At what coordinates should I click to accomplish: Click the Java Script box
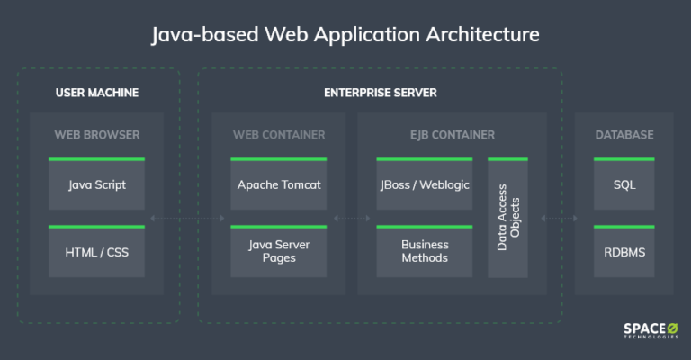[96, 184]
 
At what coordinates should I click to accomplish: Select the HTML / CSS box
[96, 252]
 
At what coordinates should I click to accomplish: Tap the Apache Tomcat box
[279, 184]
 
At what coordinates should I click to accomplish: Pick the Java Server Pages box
[279, 251]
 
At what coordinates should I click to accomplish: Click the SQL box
[624, 184]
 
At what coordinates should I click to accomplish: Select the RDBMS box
[624, 252]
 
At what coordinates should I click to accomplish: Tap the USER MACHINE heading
[97, 93]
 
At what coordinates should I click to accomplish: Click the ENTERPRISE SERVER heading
[381, 93]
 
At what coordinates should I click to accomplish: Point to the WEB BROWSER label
[97, 135]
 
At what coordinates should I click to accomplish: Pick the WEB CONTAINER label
[279, 135]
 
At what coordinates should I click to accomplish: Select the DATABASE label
[624, 135]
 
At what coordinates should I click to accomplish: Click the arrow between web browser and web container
[188, 218]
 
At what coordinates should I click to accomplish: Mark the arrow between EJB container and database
[560, 218]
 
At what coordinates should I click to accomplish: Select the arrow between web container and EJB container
[352, 218]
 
